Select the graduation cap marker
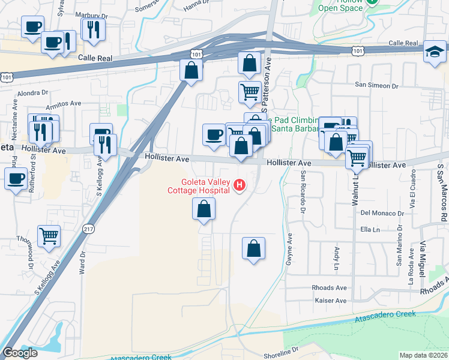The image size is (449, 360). pos(434,52)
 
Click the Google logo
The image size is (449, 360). pos(20,353)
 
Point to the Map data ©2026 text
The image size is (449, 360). pos(424,355)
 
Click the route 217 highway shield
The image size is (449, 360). pos(88,229)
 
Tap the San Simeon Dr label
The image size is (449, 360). pos(377,85)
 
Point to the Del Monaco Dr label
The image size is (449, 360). pos(383,213)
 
